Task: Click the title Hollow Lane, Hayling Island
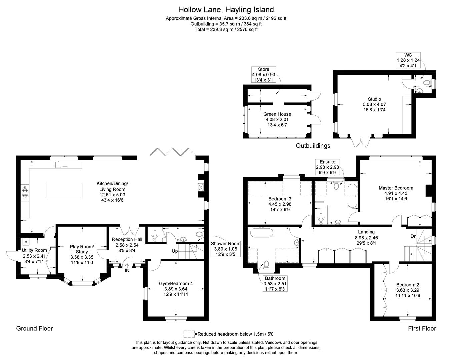[x=226, y=9]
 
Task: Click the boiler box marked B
[x=26, y=241]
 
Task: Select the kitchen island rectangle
[x=64, y=190]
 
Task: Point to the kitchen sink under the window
[x=59, y=164]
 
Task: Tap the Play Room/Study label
[x=82, y=249]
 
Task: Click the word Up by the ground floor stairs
[x=175, y=251]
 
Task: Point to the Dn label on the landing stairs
[x=413, y=236]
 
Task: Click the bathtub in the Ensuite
[x=352, y=196]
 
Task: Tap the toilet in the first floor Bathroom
[x=266, y=265]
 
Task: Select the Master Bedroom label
[x=396, y=188]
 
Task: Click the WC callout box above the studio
[x=408, y=60]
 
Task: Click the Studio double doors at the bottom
[x=362, y=142]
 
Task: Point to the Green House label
[x=277, y=114]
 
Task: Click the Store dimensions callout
[x=263, y=75]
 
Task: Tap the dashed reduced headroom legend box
[x=189, y=334]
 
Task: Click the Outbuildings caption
[x=313, y=146]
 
